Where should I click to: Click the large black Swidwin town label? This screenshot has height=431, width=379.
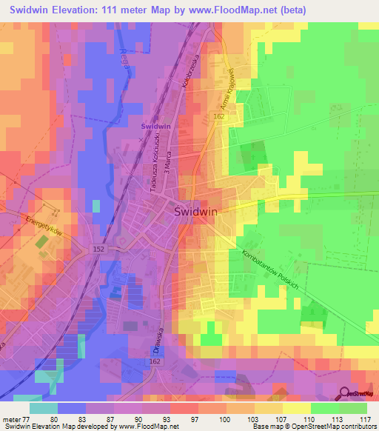pyautogui.click(x=195, y=211)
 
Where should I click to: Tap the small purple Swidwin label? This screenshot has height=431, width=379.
pyautogui.click(x=156, y=127)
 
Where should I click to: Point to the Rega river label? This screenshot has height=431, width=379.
pyautogui.click(x=124, y=57)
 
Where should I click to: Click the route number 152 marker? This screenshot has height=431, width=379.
pyautogui.click(x=98, y=249)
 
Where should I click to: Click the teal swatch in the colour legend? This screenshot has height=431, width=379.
pyautogui.click(x=44, y=408)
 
